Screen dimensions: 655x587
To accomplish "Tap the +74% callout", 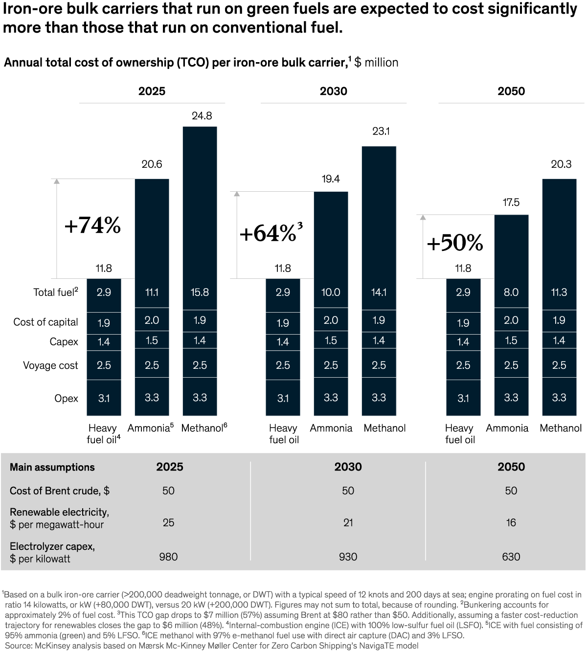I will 92,226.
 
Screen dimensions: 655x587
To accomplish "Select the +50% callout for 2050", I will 454,243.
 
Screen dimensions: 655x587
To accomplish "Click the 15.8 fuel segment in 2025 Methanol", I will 200,292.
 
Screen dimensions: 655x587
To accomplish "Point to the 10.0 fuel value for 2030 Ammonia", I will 331,292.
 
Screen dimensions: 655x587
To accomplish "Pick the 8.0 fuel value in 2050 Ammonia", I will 511,292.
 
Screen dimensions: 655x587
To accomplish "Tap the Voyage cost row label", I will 50,365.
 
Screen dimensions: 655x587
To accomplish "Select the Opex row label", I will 66,398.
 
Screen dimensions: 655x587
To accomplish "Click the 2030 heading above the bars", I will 334,91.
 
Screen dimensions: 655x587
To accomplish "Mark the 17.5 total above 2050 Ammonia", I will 511,203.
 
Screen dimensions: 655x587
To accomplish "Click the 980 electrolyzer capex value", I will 168,557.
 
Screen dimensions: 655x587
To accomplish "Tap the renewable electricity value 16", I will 511,522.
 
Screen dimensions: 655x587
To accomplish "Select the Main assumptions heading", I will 52,467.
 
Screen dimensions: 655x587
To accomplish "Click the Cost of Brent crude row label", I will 59,491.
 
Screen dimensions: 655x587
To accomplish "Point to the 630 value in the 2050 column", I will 511,557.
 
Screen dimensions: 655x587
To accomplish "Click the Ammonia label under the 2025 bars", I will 149,429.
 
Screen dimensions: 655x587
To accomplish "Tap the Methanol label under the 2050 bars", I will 561,429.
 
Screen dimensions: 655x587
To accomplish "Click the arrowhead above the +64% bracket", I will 237,194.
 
